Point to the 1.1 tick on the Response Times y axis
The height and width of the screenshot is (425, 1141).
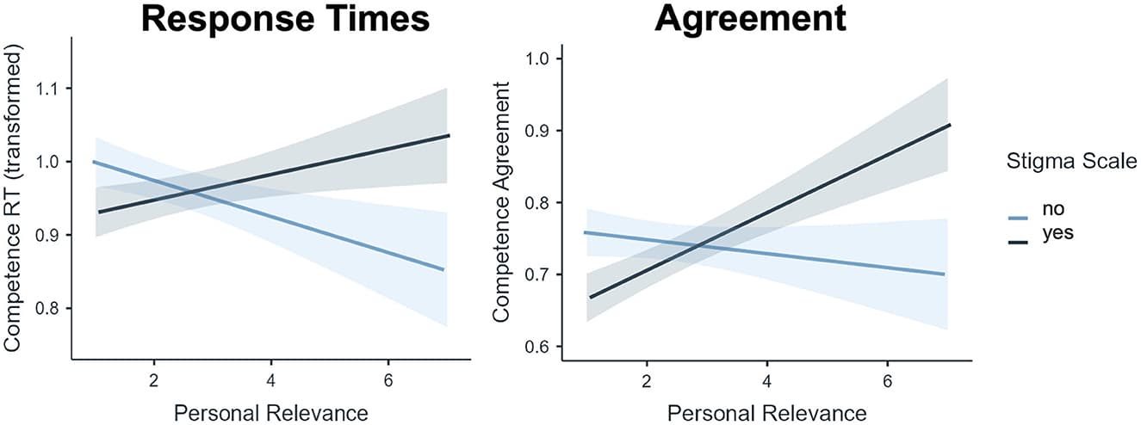click(48, 89)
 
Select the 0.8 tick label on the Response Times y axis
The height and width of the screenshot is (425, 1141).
click(48, 309)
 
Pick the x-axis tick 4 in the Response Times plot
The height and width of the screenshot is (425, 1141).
click(270, 379)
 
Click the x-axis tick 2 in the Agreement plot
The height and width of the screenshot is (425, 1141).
click(646, 379)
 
